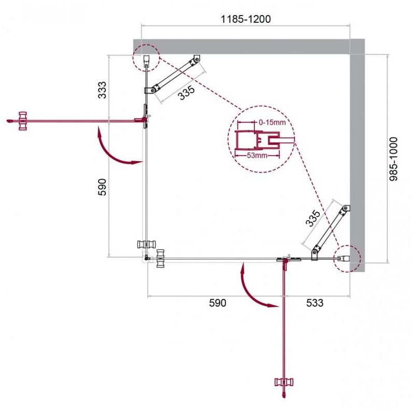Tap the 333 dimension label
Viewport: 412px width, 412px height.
tap(103, 90)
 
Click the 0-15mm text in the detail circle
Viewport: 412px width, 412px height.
tap(272, 123)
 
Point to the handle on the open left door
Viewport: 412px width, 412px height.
tap(23, 120)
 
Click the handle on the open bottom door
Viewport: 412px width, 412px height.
tap(284, 382)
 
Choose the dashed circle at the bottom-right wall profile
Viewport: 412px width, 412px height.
tap(347, 258)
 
